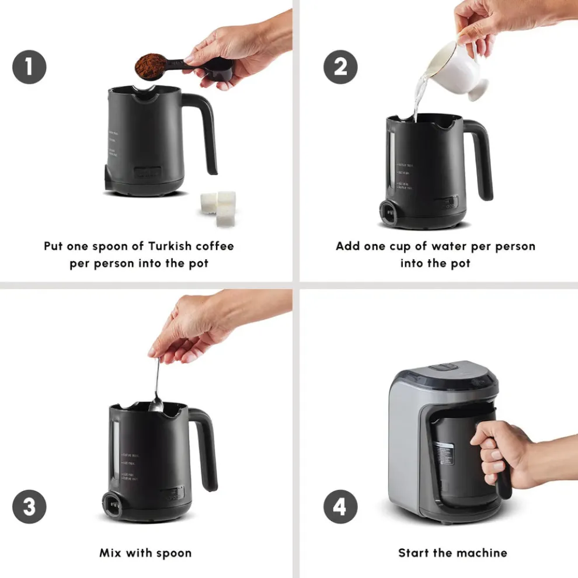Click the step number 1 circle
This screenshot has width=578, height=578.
click(29, 67)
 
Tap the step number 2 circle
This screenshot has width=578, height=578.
click(340, 67)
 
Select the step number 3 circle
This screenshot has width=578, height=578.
click(29, 506)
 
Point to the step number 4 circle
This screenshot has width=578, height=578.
click(340, 506)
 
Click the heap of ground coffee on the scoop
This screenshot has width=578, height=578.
click(151, 66)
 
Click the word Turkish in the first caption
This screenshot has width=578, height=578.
click(155, 246)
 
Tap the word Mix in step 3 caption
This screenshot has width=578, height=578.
click(112, 552)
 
